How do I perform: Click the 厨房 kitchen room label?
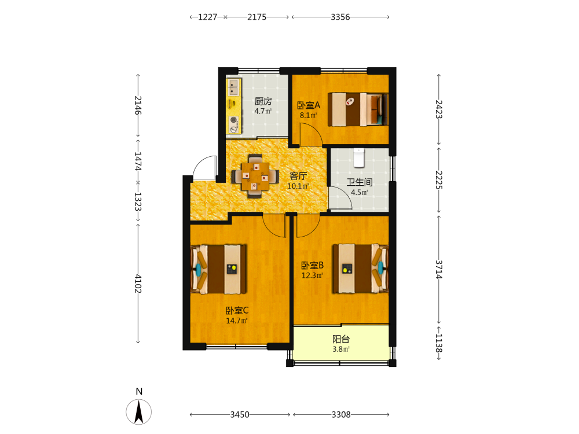click(x=263, y=101)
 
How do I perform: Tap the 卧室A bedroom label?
click(x=309, y=105)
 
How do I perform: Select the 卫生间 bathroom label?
click(x=360, y=182)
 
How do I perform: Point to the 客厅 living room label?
click(x=298, y=176)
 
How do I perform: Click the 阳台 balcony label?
click(x=341, y=339)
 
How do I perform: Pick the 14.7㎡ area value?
click(x=237, y=321)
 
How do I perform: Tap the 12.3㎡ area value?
click(x=313, y=275)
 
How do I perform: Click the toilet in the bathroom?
click(x=359, y=157)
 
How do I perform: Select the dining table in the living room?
click(x=255, y=176)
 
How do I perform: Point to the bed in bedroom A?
click(x=358, y=109)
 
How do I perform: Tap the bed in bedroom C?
click(x=218, y=269)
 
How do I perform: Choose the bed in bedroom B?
click(x=360, y=269)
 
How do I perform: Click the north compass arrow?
click(x=139, y=412)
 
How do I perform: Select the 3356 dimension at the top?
click(x=340, y=17)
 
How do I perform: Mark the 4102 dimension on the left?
click(x=138, y=284)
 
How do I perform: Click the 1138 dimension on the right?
click(x=438, y=343)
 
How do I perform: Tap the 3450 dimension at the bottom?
click(x=240, y=415)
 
